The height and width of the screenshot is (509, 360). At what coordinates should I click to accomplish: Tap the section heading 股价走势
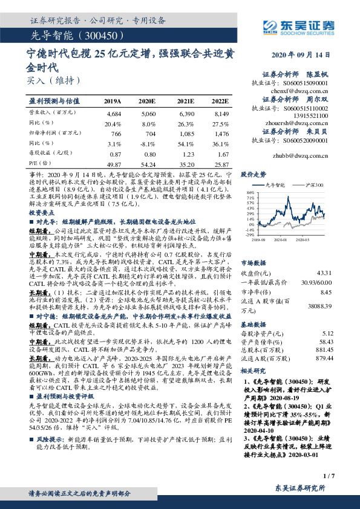254,173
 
